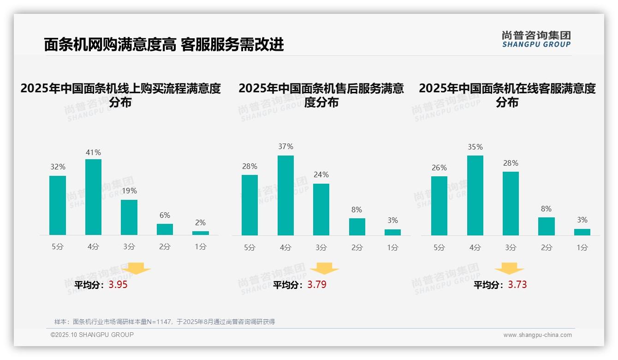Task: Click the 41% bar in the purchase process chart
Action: tap(93, 197)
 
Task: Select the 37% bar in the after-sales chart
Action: tap(285, 195)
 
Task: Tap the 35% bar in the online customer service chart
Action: tap(475, 195)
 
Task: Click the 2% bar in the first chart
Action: tap(201, 233)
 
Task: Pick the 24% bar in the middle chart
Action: tap(321, 210)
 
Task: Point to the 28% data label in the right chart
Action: tap(511, 163)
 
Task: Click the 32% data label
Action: tap(58, 167)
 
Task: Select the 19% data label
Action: tap(129, 191)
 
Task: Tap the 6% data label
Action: tap(165, 215)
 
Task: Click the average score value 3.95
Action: tap(118, 285)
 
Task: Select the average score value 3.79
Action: tap(317, 285)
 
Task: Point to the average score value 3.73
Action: tap(517, 285)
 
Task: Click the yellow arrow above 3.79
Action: tap(325, 269)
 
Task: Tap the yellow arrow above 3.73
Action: tap(509, 269)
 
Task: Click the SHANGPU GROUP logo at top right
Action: tap(536, 39)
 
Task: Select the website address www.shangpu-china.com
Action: tap(537, 335)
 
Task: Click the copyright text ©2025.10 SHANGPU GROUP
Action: tap(92, 335)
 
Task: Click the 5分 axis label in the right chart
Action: tap(439, 248)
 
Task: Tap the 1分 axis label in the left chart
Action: tap(201, 247)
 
